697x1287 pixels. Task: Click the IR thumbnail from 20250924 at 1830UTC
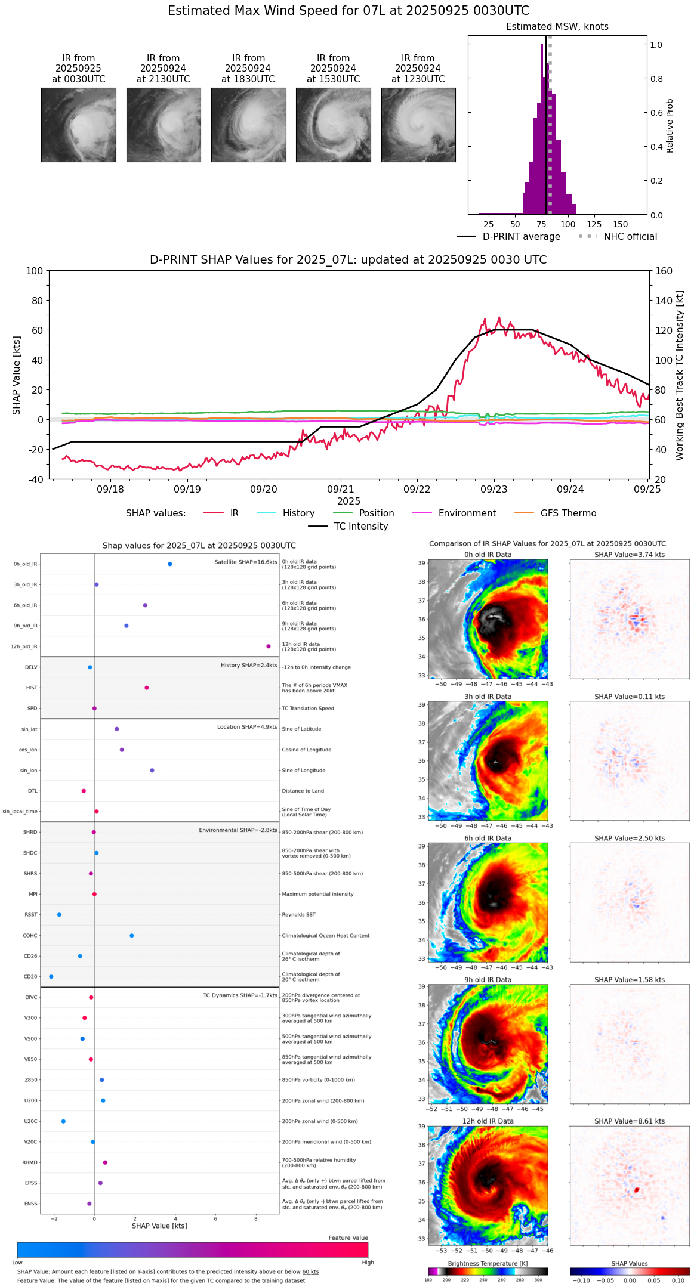(248, 125)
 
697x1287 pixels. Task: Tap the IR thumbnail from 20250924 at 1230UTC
(418, 125)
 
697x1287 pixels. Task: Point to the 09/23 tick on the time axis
(494, 489)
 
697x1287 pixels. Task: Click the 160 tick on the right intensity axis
(664, 271)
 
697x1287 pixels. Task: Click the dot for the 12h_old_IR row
(269, 646)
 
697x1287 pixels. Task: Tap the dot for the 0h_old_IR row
(170, 564)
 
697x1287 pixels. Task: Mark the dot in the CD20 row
(51, 977)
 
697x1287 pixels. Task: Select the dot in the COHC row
(132, 936)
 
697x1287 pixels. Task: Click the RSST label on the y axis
(31, 915)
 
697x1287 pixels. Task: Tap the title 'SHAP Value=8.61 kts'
(630, 1121)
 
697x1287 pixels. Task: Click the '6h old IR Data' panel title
(488, 838)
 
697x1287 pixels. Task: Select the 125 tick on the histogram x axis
(594, 224)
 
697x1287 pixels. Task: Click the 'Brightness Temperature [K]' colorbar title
(488, 1263)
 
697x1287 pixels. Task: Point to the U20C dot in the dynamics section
(63, 1121)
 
